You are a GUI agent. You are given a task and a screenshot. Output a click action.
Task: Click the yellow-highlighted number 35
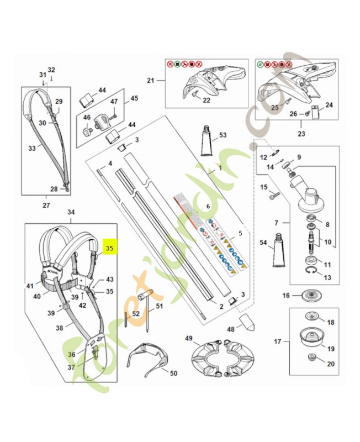point(109,249)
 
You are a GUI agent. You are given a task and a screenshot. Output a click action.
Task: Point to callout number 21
point(151,81)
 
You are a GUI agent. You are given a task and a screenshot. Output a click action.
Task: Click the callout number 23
point(301,133)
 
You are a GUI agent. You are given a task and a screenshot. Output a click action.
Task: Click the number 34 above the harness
point(71,212)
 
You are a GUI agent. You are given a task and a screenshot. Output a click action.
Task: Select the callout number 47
point(114,102)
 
